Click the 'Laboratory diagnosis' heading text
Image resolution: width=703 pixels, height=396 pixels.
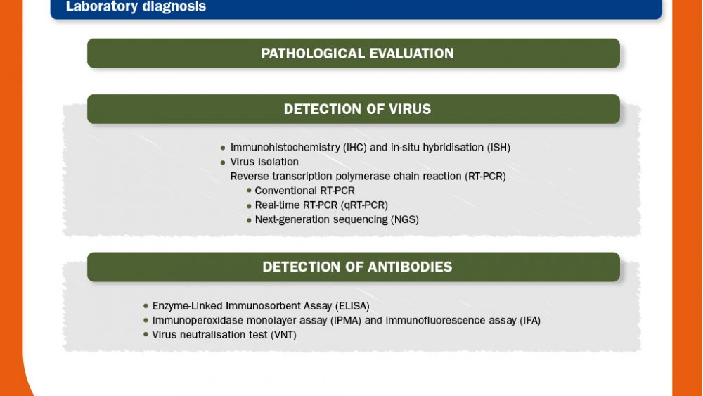point(136,6)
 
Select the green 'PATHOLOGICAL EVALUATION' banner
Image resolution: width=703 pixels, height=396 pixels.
point(354,53)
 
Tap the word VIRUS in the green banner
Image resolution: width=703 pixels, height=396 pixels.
point(410,109)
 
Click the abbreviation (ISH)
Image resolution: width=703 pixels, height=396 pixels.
point(498,148)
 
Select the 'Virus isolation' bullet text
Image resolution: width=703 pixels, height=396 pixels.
point(264,162)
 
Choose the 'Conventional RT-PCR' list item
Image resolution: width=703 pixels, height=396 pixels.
point(304,191)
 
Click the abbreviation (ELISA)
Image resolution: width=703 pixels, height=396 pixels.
point(352,306)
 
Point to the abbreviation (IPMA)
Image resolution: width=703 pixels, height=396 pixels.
point(346,320)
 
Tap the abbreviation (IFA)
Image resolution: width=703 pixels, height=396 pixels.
point(530,320)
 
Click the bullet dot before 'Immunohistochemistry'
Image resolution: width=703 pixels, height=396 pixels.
point(223,148)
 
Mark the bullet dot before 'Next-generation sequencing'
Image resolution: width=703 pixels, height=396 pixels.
point(249,220)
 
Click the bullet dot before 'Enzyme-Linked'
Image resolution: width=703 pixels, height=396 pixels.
point(146,306)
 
